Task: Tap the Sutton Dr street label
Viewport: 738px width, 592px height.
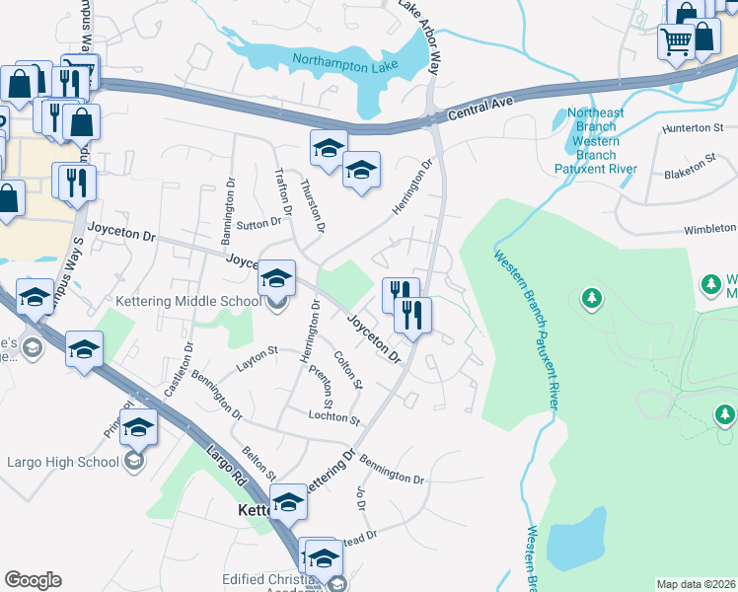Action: pyautogui.click(x=259, y=224)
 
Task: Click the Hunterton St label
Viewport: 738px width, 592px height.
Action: pyautogui.click(x=693, y=128)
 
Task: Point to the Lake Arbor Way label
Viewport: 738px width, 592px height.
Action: pyautogui.click(x=419, y=39)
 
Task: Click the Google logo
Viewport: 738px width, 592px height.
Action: pyautogui.click(x=33, y=580)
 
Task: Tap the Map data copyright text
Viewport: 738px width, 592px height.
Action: pyautogui.click(x=697, y=584)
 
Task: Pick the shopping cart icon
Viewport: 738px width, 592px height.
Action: pyautogui.click(x=676, y=42)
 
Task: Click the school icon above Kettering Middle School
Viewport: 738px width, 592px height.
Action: pyautogui.click(x=277, y=279)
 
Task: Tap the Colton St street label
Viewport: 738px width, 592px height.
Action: pyautogui.click(x=348, y=369)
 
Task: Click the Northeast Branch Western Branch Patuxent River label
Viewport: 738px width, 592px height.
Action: pyautogui.click(x=597, y=141)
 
